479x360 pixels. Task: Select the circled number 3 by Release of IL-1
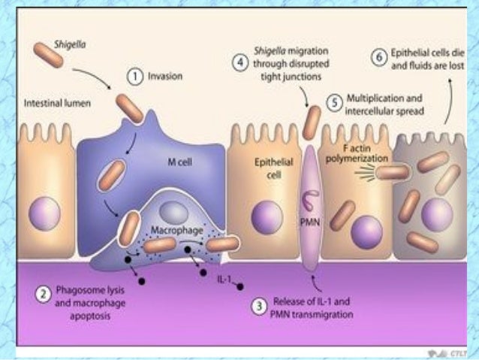tap(258, 307)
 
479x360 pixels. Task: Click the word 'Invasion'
tap(161, 77)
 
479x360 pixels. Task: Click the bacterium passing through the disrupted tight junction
tap(311, 123)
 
